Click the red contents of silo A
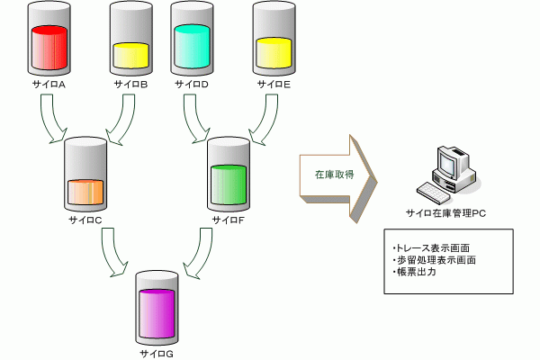49,48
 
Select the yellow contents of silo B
131,56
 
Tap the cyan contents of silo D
192,47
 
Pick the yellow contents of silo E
274,53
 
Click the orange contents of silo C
85,192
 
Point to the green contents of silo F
229,184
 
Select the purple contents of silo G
157,313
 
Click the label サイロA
49,85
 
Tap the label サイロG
157,354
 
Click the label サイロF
229,220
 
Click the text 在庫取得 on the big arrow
335,175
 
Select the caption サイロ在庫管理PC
446,213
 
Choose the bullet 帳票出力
414,272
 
